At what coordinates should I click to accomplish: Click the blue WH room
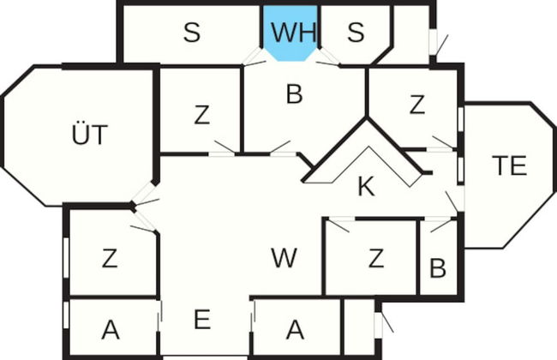(291, 33)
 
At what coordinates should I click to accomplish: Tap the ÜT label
(89, 135)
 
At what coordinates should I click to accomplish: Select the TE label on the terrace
(509, 165)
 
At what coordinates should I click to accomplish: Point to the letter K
(366, 186)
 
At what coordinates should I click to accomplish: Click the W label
(284, 258)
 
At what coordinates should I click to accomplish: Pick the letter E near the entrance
(202, 319)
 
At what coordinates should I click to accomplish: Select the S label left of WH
(192, 32)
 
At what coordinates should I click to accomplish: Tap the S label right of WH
(356, 32)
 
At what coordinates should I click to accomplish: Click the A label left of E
(111, 330)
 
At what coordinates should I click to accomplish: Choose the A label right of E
(295, 330)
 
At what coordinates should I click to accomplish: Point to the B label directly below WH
(295, 94)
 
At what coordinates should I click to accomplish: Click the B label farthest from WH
(438, 267)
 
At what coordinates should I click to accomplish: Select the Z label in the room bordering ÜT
(201, 115)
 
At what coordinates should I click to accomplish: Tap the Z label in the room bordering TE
(417, 105)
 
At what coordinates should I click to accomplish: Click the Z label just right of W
(376, 258)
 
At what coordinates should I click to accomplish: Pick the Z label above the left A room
(110, 258)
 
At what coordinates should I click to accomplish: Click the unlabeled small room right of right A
(359, 327)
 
